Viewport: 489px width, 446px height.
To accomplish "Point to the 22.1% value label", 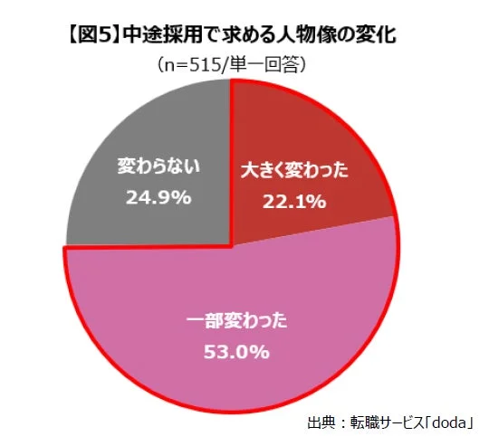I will [x=293, y=201].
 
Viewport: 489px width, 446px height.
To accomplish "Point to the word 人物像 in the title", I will [x=312, y=37].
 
